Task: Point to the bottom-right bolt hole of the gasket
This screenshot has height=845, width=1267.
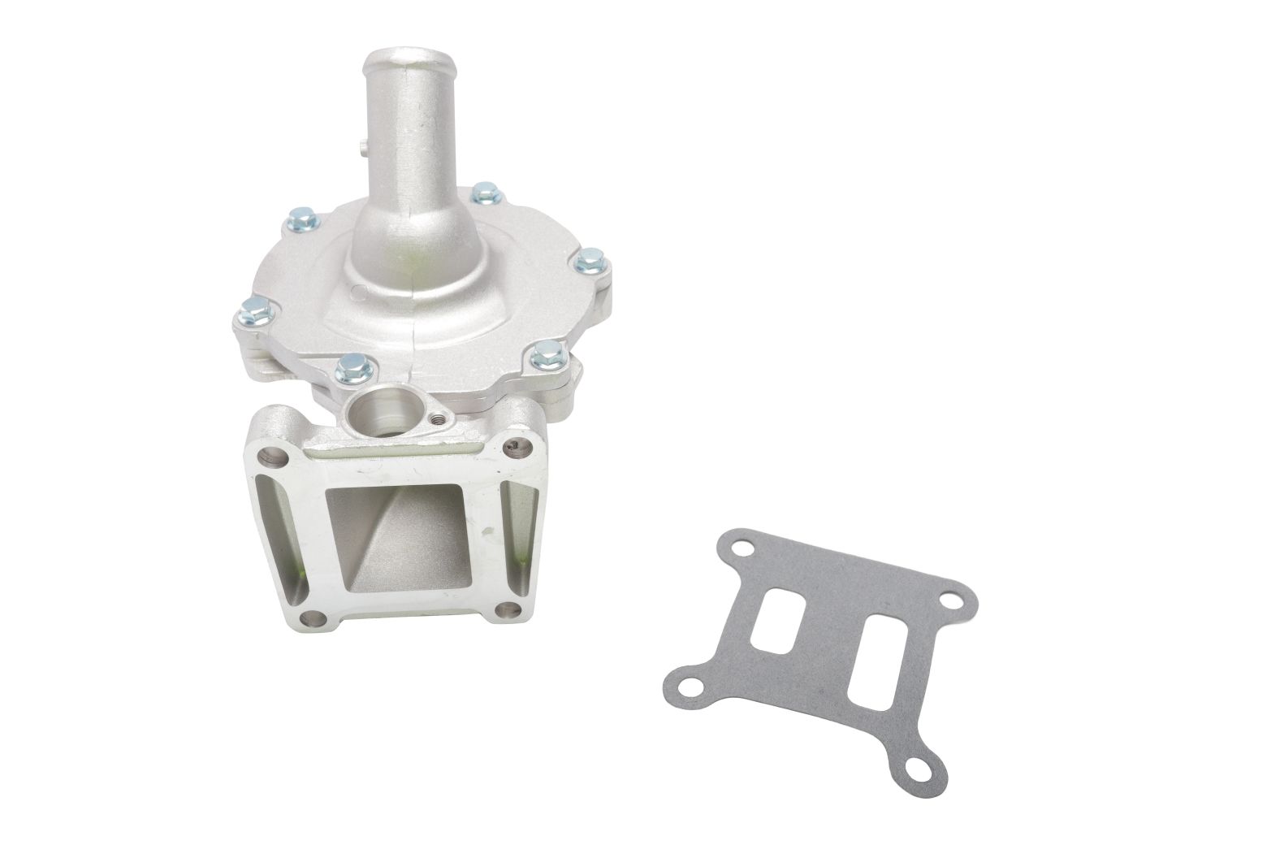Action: [x=920, y=766]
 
